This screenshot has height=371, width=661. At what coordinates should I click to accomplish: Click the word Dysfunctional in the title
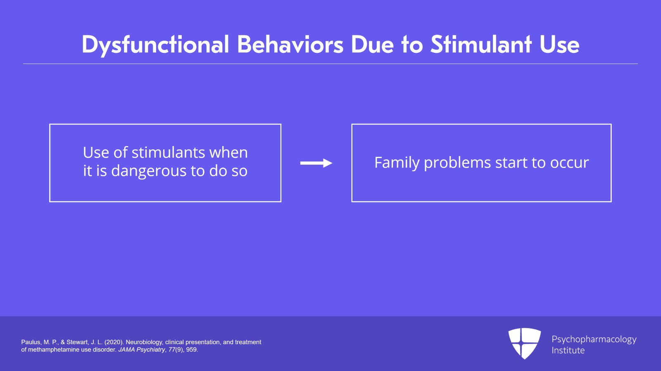click(x=155, y=45)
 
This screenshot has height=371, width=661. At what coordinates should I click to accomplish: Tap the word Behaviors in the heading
click(x=290, y=45)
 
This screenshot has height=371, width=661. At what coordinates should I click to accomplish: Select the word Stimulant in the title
click(x=481, y=45)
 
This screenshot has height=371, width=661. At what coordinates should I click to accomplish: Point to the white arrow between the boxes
click(x=316, y=163)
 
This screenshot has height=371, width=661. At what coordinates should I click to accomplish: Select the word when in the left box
click(x=228, y=153)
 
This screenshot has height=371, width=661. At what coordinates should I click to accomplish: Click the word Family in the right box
click(x=397, y=163)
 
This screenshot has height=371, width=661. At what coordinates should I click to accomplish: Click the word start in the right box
click(x=511, y=163)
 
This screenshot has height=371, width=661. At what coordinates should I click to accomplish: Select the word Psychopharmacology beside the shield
click(x=594, y=339)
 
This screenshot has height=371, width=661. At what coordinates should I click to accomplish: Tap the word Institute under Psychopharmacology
click(x=568, y=350)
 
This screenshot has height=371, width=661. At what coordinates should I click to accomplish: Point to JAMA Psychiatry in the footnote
click(x=142, y=350)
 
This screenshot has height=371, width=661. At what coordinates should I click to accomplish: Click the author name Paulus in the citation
click(x=31, y=342)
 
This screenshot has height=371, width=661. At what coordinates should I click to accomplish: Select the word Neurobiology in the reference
click(x=144, y=342)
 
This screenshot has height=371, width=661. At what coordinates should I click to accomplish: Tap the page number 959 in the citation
click(x=191, y=350)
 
